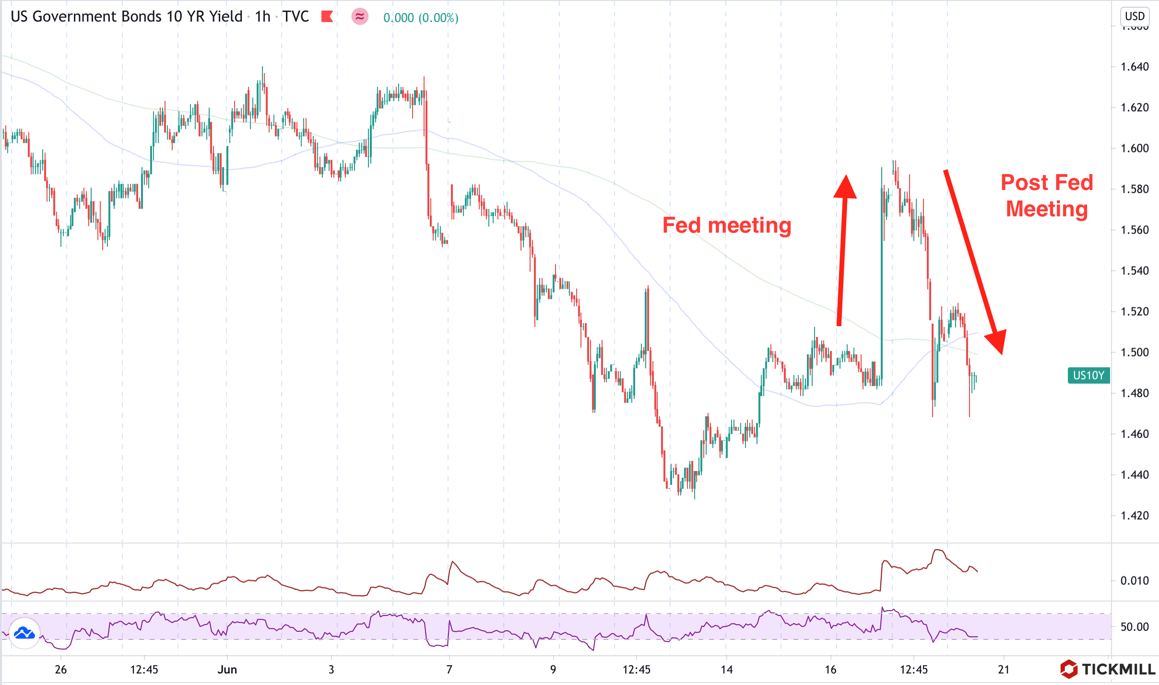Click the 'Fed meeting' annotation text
(x=727, y=225)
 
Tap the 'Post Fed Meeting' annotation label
(x=1047, y=196)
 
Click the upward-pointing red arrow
(x=843, y=249)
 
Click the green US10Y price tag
(x=1088, y=375)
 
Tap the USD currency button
(x=1135, y=16)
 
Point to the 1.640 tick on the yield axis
(x=1135, y=67)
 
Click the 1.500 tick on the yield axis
(x=1135, y=352)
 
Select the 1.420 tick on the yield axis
(x=1135, y=516)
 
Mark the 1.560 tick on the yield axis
(x=1135, y=230)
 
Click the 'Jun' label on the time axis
(x=227, y=670)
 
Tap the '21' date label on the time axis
(x=1004, y=670)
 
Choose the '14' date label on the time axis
(x=727, y=670)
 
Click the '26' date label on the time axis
(x=60, y=670)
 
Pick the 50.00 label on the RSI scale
(x=1135, y=626)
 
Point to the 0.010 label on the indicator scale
(x=1135, y=581)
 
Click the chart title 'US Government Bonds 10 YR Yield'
(x=126, y=17)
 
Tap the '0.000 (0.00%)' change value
(x=421, y=18)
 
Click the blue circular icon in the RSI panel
(x=24, y=633)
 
